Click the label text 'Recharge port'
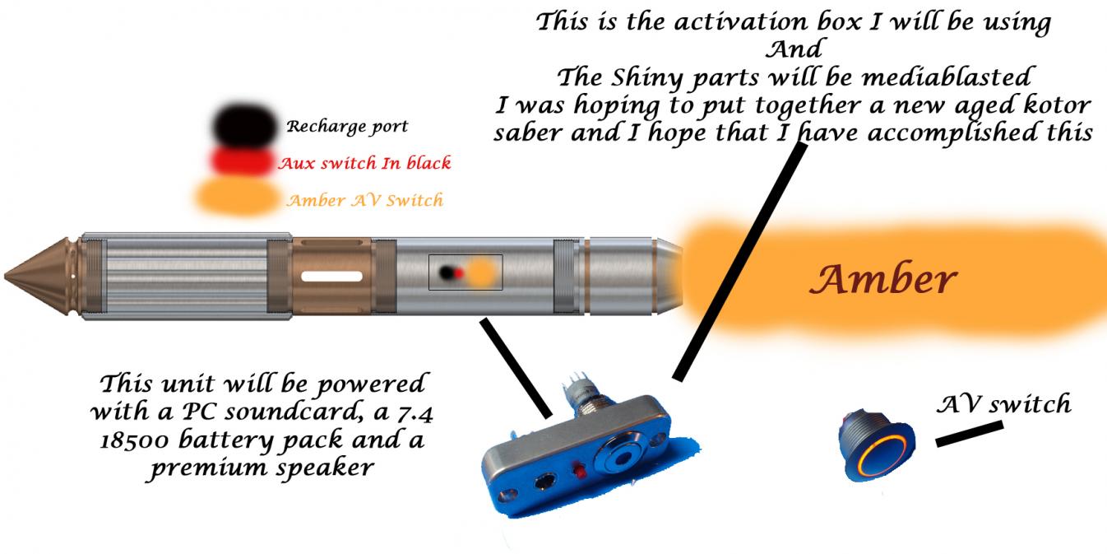point(347,127)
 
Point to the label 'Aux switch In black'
point(364,163)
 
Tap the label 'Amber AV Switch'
point(364,200)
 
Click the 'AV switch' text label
point(1004,404)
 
